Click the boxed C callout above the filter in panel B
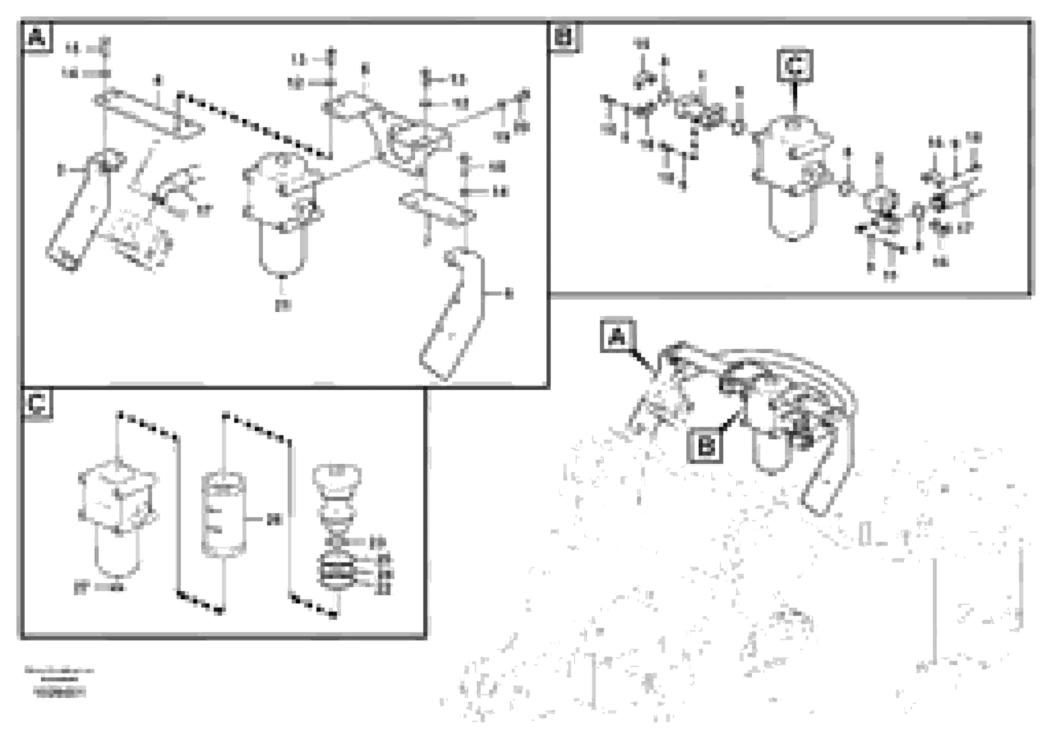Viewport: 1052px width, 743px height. tap(795, 65)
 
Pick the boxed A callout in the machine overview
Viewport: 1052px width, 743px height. tap(618, 337)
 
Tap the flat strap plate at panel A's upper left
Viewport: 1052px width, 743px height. tap(147, 114)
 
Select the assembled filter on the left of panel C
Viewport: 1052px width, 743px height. tap(118, 518)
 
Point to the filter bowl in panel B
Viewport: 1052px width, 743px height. tap(793, 215)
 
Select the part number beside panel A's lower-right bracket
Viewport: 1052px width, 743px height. tap(508, 294)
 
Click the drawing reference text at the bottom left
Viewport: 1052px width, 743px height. tap(60, 683)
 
